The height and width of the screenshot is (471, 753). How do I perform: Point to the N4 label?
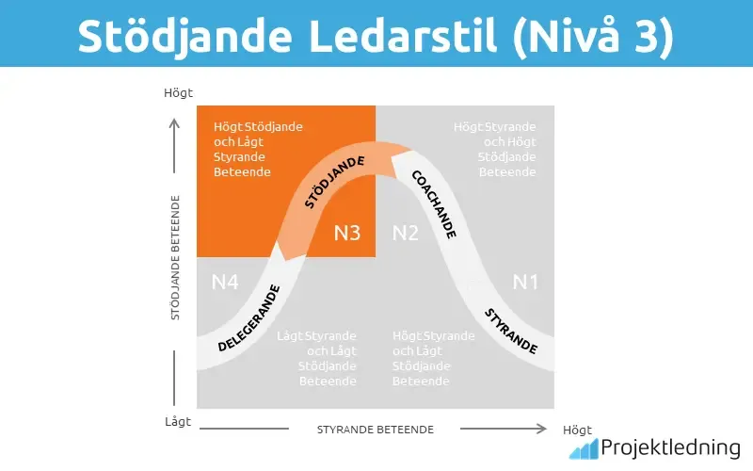tap(224, 281)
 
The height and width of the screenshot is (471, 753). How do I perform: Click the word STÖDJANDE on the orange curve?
tap(334, 183)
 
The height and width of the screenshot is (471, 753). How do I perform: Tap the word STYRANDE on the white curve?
tap(511, 331)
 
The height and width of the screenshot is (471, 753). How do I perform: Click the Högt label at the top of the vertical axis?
tap(178, 92)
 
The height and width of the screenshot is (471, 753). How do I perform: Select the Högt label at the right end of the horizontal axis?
tap(577, 430)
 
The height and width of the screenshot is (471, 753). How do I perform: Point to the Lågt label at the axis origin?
tap(177, 422)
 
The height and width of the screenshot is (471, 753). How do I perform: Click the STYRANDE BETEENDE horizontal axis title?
tap(375, 430)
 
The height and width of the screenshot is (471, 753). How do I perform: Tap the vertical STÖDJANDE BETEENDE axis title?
tap(176, 257)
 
